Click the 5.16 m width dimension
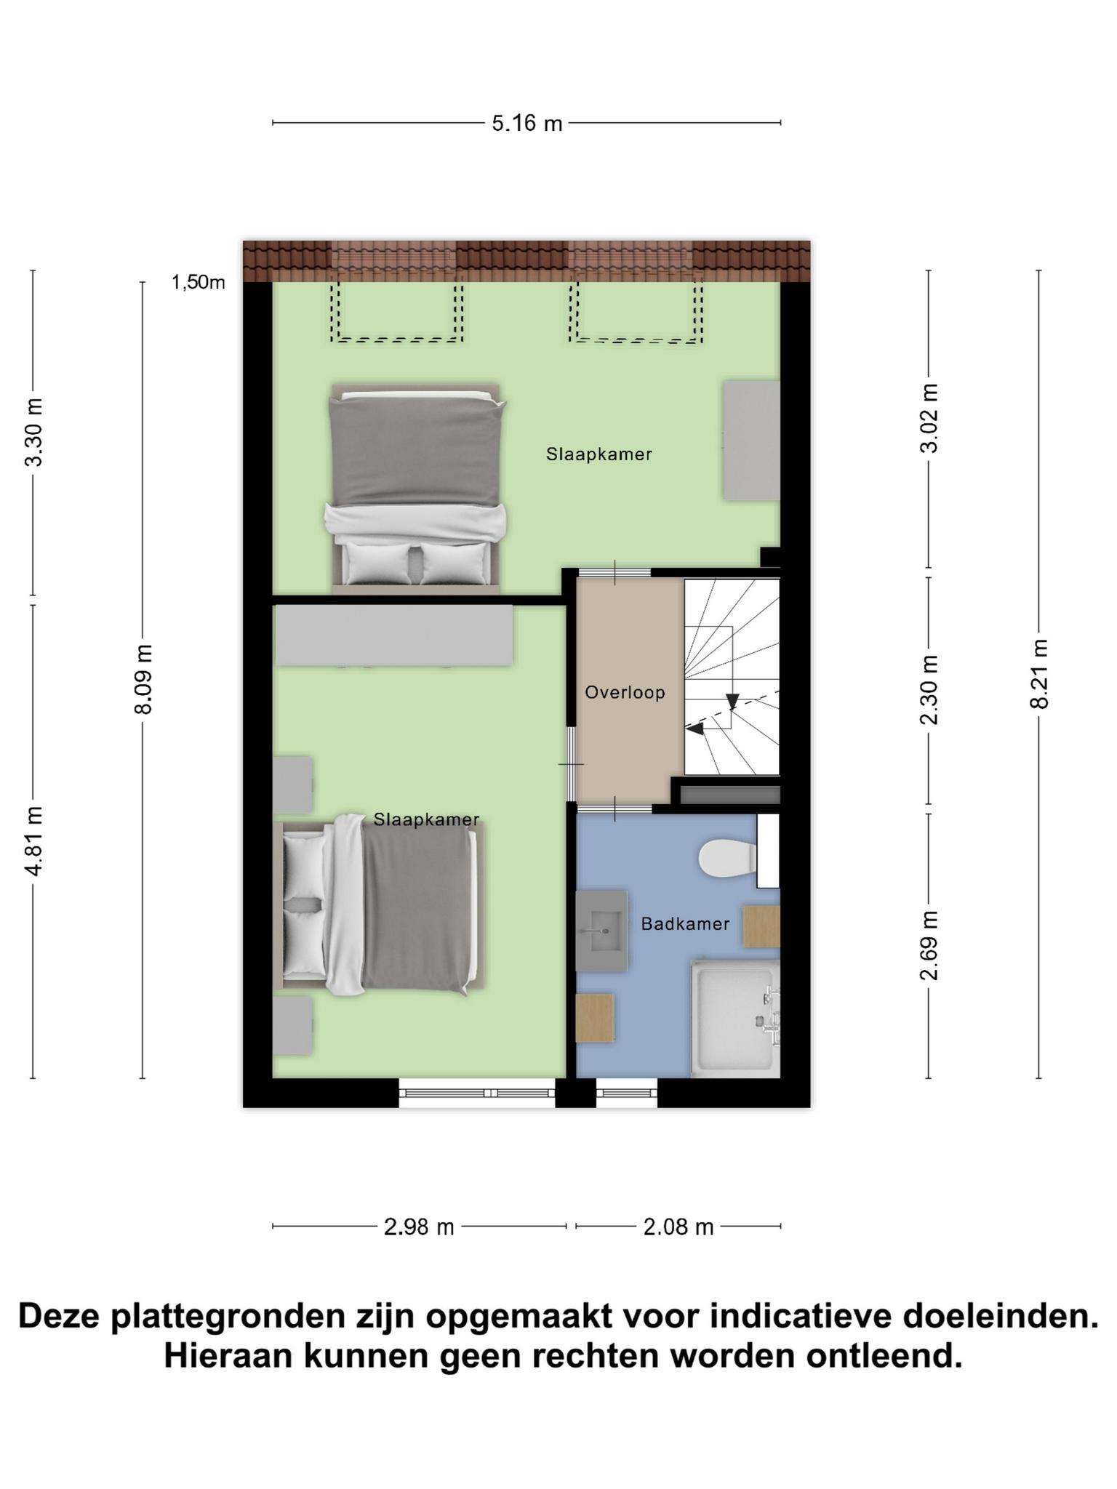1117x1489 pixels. pos(527,123)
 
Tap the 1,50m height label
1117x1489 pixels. pos(198,282)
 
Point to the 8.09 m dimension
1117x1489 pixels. pos(143,679)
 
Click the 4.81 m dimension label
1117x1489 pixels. pos(33,840)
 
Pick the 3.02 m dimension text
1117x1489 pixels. pos(929,418)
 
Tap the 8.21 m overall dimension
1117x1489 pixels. pos(1039,673)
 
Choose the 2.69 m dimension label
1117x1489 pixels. pos(929,945)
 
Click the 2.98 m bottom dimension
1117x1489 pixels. pos(419,1227)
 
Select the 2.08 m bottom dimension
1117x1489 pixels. pos(678,1227)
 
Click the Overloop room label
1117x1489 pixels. pos(625,692)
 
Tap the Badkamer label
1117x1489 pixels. pos(685,924)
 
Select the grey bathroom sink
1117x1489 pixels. pos(601,931)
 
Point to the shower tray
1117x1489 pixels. pos(734,1018)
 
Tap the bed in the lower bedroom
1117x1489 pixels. pos(379,905)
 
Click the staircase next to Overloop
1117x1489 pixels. pos(732,677)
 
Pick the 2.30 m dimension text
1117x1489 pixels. pos(929,690)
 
